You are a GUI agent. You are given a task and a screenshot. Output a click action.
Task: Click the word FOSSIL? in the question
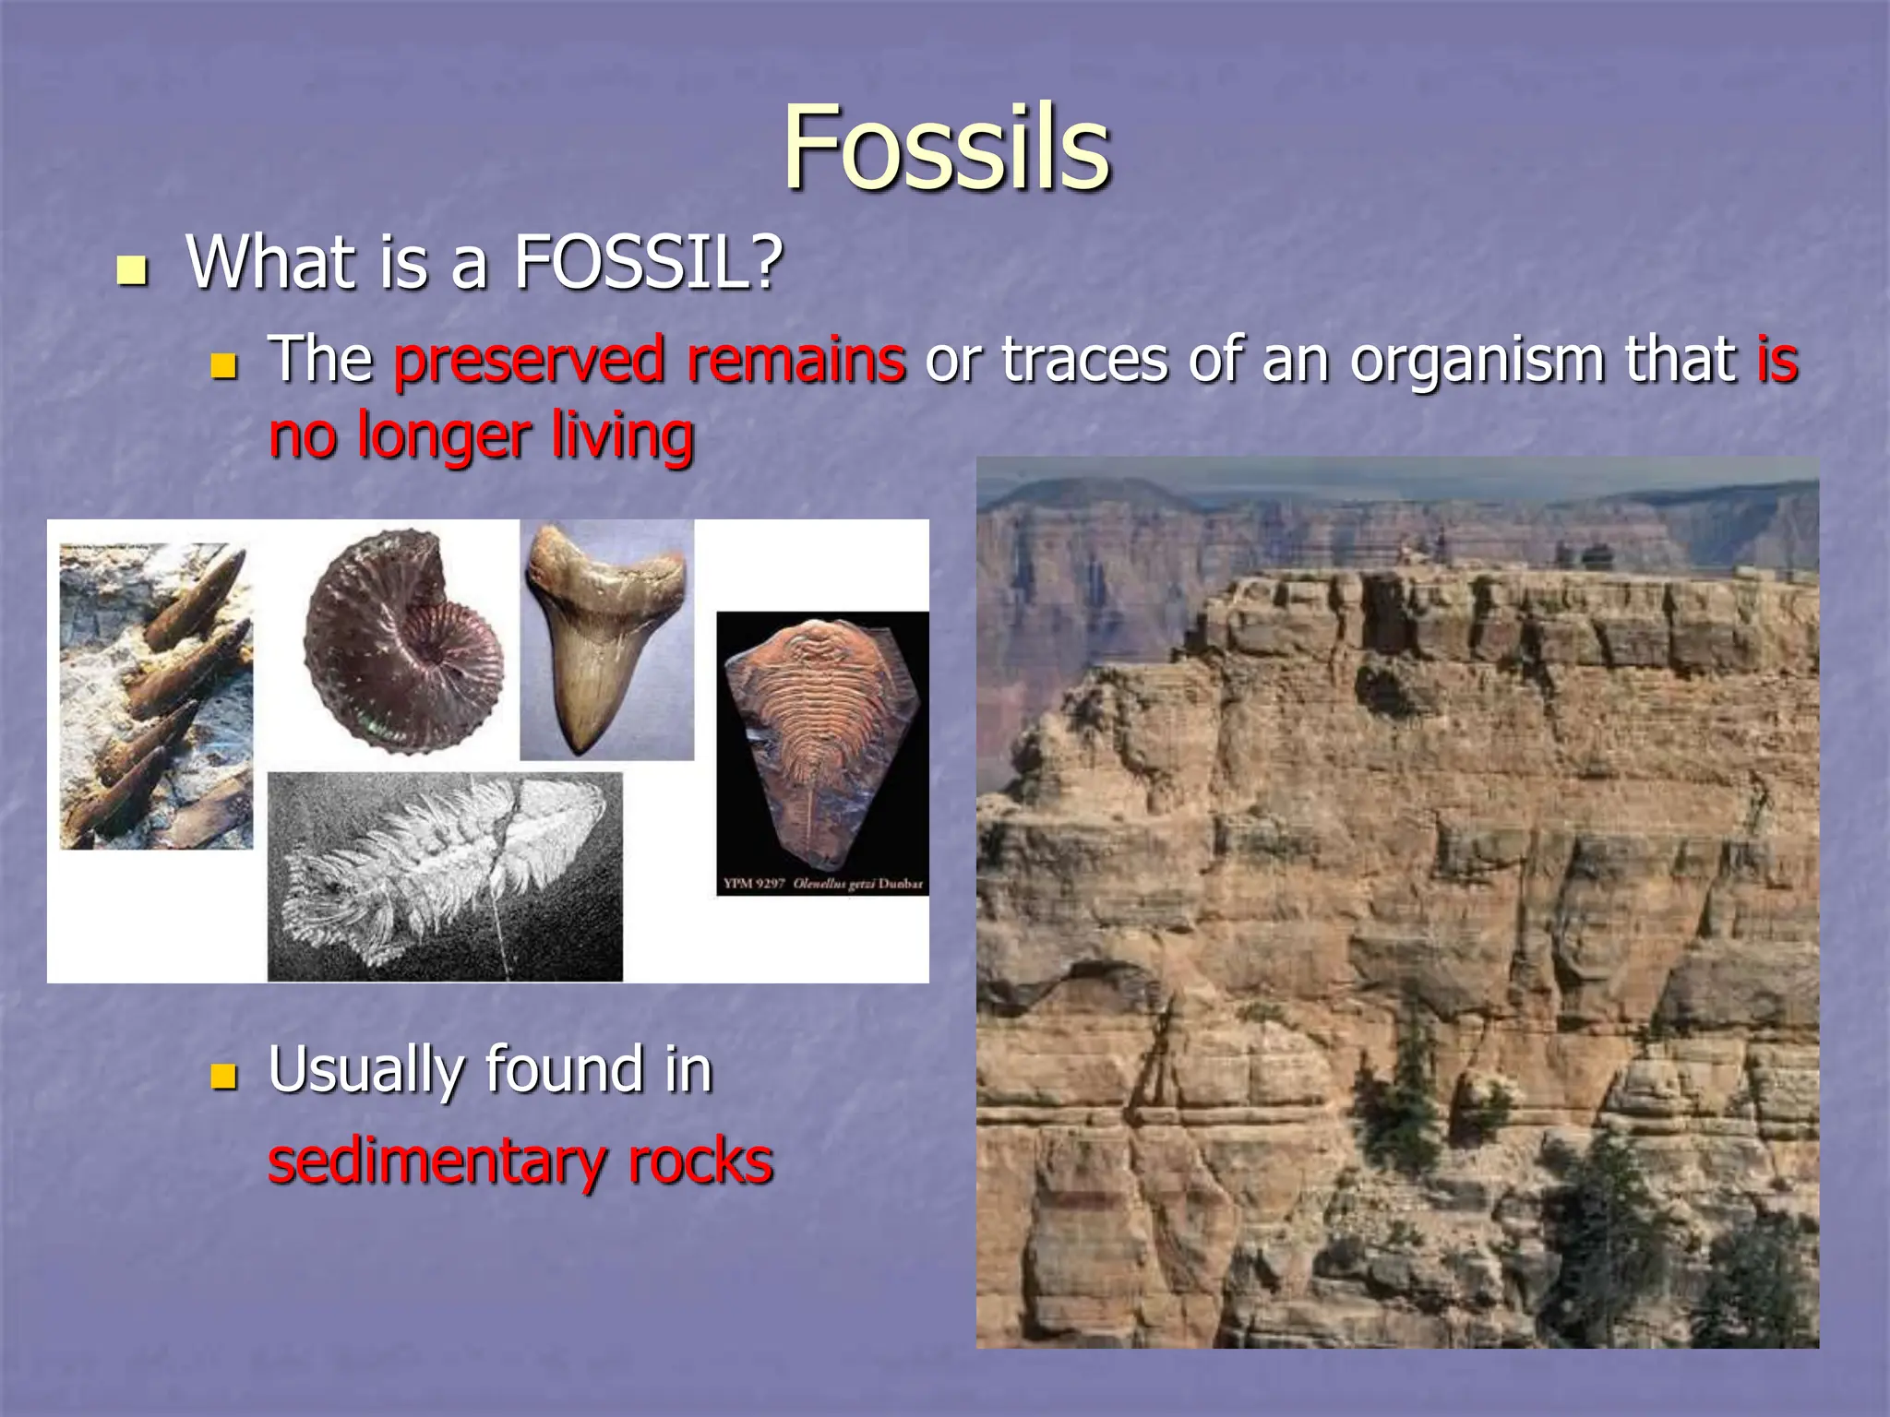[648, 263]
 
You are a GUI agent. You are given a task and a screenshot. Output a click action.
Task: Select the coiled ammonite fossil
[403, 641]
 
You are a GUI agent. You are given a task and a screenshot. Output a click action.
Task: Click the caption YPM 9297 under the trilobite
[753, 884]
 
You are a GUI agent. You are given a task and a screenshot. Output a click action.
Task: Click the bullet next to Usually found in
[224, 1076]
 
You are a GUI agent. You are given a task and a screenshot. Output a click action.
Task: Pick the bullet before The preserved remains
[224, 367]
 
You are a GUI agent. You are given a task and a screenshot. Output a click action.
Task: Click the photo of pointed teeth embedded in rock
[156, 697]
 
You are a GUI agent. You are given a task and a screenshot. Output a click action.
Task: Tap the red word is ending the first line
[1776, 360]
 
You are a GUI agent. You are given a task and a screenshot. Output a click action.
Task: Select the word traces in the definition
[1084, 360]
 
